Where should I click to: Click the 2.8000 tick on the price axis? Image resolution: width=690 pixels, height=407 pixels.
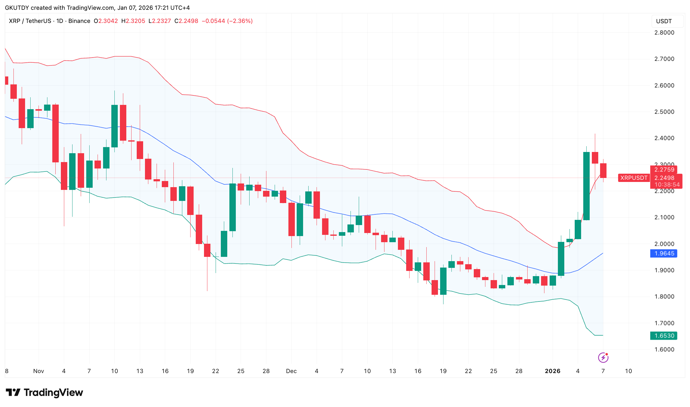pyautogui.click(x=664, y=33)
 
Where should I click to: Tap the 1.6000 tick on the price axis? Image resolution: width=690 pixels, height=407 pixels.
pyautogui.click(x=664, y=350)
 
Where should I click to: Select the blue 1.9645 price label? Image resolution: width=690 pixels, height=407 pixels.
pyautogui.click(x=664, y=253)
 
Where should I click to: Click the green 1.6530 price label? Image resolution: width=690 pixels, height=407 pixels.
pyautogui.click(x=664, y=336)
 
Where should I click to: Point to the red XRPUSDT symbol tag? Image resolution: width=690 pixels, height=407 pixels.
pyautogui.click(x=634, y=178)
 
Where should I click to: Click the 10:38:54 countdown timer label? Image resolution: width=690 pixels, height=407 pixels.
pyautogui.click(x=667, y=185)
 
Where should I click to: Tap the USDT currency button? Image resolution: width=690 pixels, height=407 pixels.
pyautogui.click(x=664, y=21)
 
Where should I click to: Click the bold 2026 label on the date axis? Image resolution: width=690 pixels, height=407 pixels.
pyautogui.click(x=552, y=371)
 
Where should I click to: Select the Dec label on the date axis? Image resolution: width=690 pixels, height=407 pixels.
pyautogui.click(x=291, y=371)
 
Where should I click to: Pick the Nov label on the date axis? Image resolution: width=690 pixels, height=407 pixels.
pyautogui.click(x=39, y=371)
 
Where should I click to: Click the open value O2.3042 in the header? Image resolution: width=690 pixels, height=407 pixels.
pyautogui.click(x=106, y=21)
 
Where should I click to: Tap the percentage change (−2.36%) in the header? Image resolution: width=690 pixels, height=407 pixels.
pyautogui.click(x=240, y=21)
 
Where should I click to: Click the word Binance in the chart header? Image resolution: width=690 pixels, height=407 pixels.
pyautogui.click(x=79, y=21)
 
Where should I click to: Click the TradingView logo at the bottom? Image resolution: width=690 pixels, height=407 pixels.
pyautogui.click(x=45, y=392)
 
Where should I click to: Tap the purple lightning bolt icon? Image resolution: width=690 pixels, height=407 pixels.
pyautogui.click(x=603, y=357)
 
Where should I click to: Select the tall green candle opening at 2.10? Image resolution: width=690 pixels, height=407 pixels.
pyautogui.click(x=586, y=186)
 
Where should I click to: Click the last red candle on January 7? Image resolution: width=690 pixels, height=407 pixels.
pyautogui.click(x=603, y=171)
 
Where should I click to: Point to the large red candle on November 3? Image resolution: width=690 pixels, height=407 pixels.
pyautogui.click(x=55, y=133)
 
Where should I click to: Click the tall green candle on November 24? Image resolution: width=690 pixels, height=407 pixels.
pyautogui.click(x=232, y=207)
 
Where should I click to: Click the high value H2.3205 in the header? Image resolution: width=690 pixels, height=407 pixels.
pyautogui.click(x=133, y=21)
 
